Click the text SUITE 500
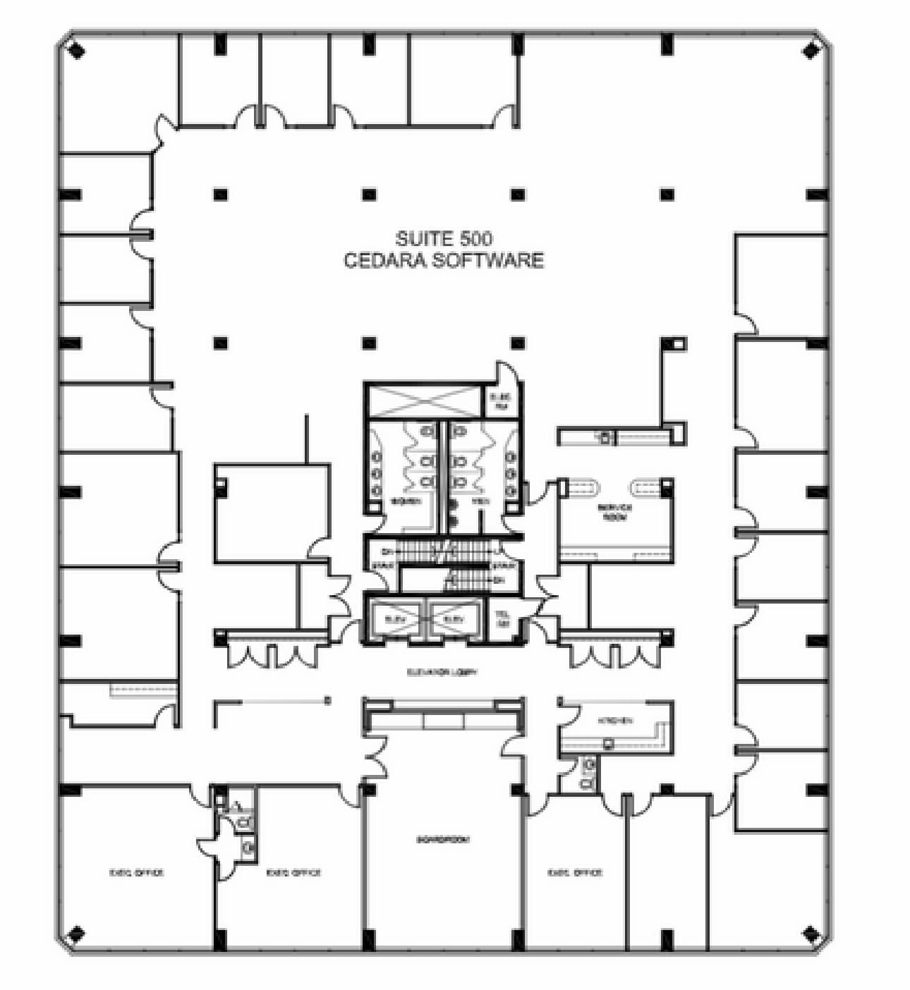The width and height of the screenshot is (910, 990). pos(444,238)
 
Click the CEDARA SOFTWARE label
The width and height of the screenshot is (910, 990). pos(444,260)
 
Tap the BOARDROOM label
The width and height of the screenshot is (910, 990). pos(443,840)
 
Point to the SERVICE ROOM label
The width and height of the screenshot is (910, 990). pos(615,512)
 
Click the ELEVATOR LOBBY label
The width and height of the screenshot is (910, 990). pos(442,672)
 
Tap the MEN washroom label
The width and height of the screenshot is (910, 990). pos(480,501)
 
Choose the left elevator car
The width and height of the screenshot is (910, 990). pos(394,618)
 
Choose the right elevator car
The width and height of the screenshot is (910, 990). pos(454,618)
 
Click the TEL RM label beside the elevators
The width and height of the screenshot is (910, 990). pos(503,620)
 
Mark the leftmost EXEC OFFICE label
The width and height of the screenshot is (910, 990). pos(136,872)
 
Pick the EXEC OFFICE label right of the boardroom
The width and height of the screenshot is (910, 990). pos(575,872)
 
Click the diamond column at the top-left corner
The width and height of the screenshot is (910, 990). pos(75,50)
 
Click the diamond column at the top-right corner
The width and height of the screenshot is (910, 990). pos(812,50)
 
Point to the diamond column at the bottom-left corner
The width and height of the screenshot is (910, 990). pos(75,935)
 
